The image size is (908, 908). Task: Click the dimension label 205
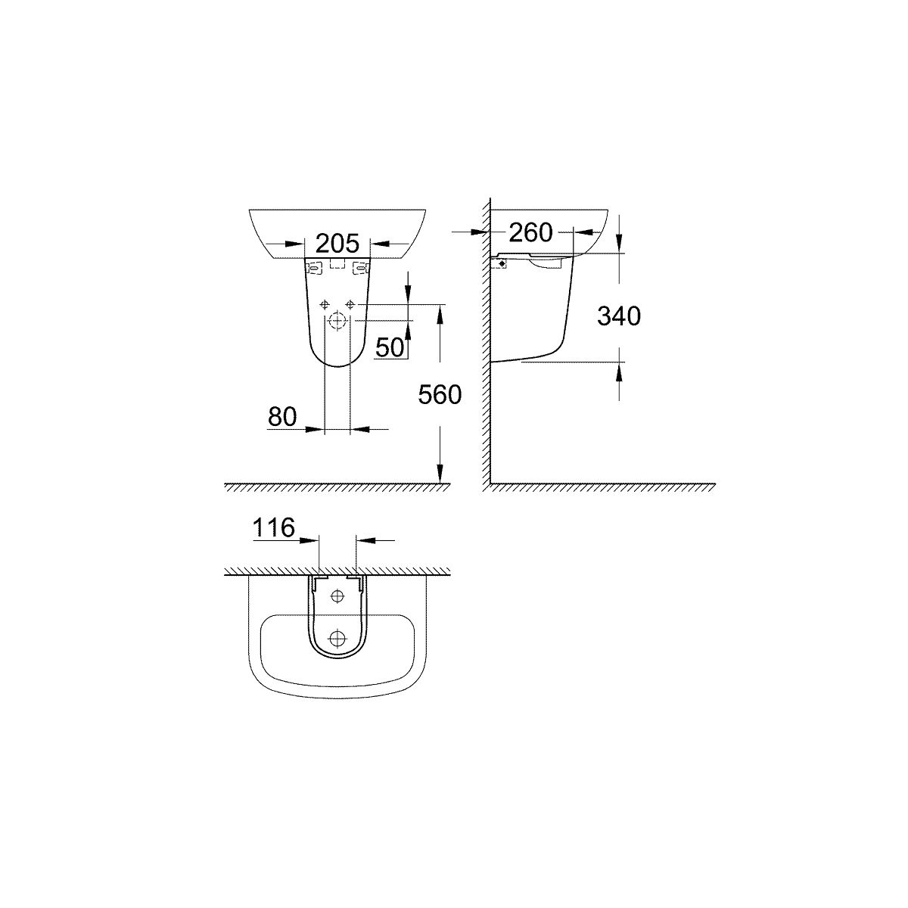click(x=337, y=244)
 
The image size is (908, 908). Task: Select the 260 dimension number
click(x=530, y=232)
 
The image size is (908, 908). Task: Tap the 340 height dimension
click(x=619, y=316)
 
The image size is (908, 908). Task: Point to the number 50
click(x=390, y=348)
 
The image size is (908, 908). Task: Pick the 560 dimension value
click(x=440, y=395)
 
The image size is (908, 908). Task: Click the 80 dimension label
click(x=282, y=416)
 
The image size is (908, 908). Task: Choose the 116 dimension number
click(x=274, y=527)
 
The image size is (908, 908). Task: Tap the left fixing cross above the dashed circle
click(x=324, y=304)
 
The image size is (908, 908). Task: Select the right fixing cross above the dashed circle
click(x=350, y=304)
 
